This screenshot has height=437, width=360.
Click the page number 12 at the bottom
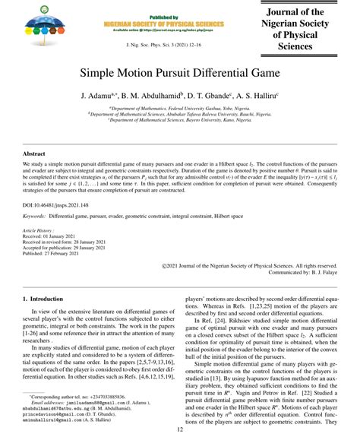click(x=180, y=429)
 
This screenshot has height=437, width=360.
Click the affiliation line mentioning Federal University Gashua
click(x=180, y=109)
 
